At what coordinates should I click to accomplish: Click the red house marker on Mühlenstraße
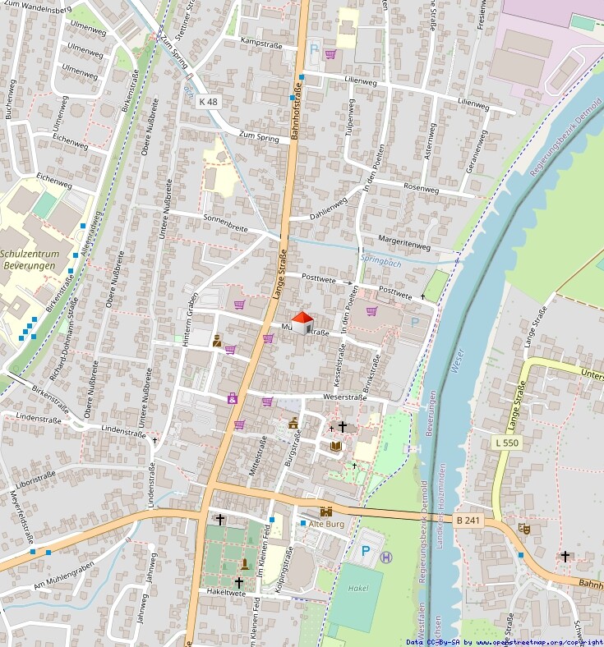[x=302, y=322]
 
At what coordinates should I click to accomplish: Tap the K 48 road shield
[x=209, y=101]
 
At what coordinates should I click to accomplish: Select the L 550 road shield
[x=506, y=443]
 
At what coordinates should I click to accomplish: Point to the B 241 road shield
[x=468, y=520]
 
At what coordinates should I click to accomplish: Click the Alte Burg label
[x=326, y=523]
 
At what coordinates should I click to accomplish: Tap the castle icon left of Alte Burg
[x=325, y=511]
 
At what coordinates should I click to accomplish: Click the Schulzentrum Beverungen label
[x=28, y=260]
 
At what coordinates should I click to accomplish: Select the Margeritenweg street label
[x=405, y=245]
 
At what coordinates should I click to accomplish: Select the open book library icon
[x=335, y=446]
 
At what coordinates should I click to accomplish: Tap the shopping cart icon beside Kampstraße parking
[x=330, y=54]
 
